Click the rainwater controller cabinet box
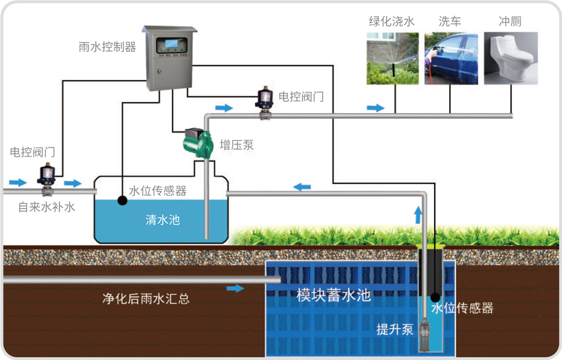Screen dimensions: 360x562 [169, 58]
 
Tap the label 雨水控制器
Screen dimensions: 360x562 [107, 47]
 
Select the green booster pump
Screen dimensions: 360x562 [198, 142]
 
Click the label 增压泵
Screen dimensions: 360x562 [237, 146]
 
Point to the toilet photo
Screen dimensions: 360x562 [510, 58]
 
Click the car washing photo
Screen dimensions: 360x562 [451, 58]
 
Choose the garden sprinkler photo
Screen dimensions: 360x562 [392, 58]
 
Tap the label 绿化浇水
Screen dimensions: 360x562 [392, 22]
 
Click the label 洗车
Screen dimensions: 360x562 [450, 22]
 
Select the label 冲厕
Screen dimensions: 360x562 [510, 22]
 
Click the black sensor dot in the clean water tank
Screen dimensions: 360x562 [121, 200]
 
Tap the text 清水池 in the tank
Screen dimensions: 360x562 [162, 219]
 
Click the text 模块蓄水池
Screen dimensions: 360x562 [334, 295]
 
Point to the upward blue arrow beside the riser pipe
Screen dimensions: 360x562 [417, 215]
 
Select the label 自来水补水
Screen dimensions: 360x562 [47, 207]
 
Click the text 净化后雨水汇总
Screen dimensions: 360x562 [146, 299]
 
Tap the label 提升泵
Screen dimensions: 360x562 [395, 329]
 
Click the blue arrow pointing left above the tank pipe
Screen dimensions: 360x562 [303, 187]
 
